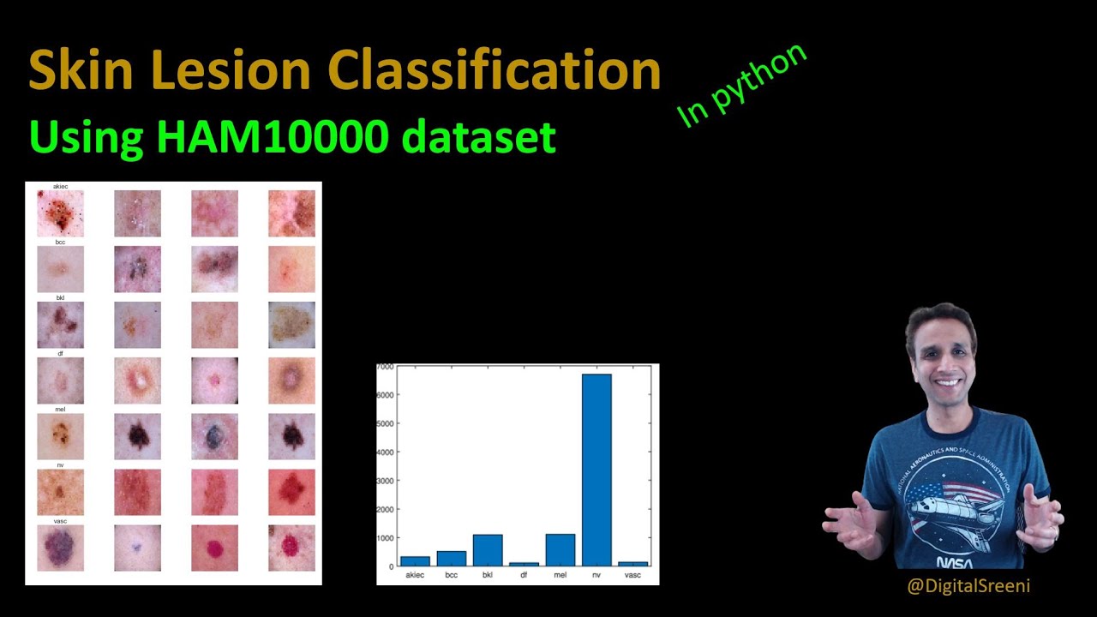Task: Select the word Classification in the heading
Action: tap(495, 70)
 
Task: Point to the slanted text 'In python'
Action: tap(742, 85)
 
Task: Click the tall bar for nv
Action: tap(596, 470)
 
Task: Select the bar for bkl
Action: tap(488, 550)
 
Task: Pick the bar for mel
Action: tap(560, 550)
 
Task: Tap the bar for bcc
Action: tap(452, 558)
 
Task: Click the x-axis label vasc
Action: tap(632, 575)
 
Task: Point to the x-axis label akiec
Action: tap(415, 575)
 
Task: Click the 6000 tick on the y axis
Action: tap(385, 395)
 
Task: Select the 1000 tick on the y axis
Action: tap(385, 538)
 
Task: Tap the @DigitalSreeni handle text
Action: tap(968, 586)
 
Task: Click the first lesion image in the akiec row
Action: tap(60, 213)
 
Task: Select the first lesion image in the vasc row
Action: tap(60, 548)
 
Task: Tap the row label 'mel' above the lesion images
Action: tap(60, 410)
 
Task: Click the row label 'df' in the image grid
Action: tap(60, 354)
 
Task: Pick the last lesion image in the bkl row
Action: tap(291, 325)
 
